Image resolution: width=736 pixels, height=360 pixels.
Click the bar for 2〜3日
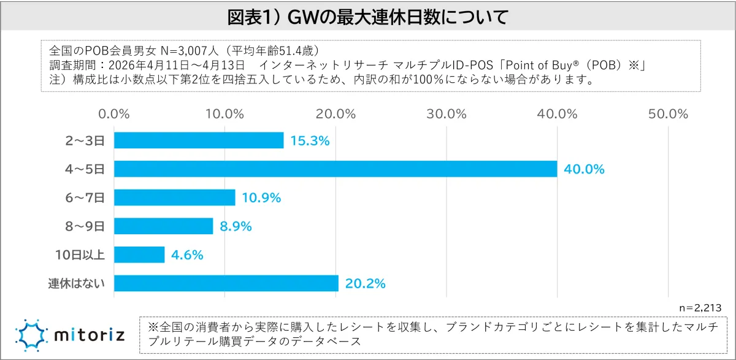pos(199,140)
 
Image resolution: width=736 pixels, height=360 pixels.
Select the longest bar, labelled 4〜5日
pos(335,169)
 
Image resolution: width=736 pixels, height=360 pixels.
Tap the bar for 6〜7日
pos(175,197)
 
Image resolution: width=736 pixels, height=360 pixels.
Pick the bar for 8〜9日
pos(164,226)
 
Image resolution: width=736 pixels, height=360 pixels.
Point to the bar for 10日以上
pos(139,255)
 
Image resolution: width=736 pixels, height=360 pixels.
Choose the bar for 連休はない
pos(226,283)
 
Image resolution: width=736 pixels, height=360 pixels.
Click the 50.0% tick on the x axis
pos(669,115)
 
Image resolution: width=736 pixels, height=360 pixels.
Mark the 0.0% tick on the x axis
pos(113,115)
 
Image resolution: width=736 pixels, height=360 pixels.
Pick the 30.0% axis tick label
pos(447,115)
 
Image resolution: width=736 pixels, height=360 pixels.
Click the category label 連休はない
pos(76,283)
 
